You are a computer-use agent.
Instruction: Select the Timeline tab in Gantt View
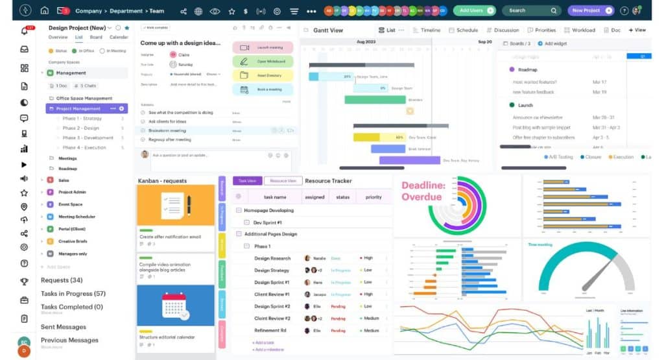427,30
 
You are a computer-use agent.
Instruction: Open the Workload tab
580,30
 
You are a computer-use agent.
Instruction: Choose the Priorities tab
541,30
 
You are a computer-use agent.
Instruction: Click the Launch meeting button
263,47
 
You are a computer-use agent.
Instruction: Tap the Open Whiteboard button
263,62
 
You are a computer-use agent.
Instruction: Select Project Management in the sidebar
78,108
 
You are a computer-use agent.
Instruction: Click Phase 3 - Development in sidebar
88,138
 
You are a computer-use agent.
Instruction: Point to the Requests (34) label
62,280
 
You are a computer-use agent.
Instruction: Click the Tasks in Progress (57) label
73,294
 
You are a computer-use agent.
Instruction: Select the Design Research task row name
272,258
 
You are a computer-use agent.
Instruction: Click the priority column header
373,197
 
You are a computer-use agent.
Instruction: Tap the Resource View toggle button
283,181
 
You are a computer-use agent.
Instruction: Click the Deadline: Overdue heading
423,191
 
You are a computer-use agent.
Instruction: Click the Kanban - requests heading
162,180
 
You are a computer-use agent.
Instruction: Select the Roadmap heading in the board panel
528,69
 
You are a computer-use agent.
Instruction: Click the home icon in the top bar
44,10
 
